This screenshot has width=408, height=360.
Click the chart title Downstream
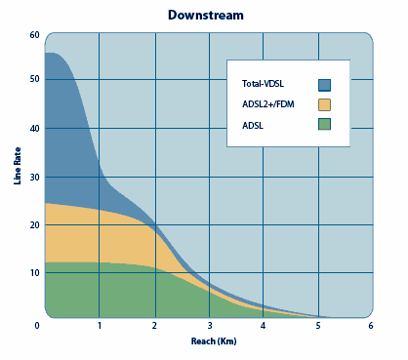click(x=206, y=16)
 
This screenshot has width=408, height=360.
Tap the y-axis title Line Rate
click(x=18, y=166)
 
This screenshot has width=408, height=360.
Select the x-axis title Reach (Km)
click(x=214, y=341)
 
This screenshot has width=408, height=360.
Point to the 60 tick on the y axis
click(x=34, y=35)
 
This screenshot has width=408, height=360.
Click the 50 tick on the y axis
click(x=34, y=79)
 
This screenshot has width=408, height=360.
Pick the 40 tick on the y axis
click(x=34, y=129)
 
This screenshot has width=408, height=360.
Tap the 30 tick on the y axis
click(x=34, y=178)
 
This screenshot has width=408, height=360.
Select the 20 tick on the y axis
click(x=34, y=225)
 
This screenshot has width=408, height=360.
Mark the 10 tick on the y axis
click(x=34, y=272)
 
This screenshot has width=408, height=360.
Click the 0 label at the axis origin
click(x=37, y=326)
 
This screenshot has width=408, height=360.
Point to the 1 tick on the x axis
click(x=100, y=326)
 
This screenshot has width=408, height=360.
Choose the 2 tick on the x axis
click(x=154, y=326)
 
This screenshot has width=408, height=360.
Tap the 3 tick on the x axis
click(x=210, y=326)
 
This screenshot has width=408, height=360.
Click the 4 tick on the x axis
click(x=263, y=326)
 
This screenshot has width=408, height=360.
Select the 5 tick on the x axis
click(x=318, y=326)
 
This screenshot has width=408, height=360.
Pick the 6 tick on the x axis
click(x=371, y=326)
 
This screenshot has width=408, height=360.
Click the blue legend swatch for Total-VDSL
click(x=324, y=85)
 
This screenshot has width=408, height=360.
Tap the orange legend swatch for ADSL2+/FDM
click(x=324, y=104)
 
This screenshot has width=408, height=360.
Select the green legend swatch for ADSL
click(x=324, y=124)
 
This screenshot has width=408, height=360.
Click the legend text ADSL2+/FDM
click(x=268, y=104)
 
